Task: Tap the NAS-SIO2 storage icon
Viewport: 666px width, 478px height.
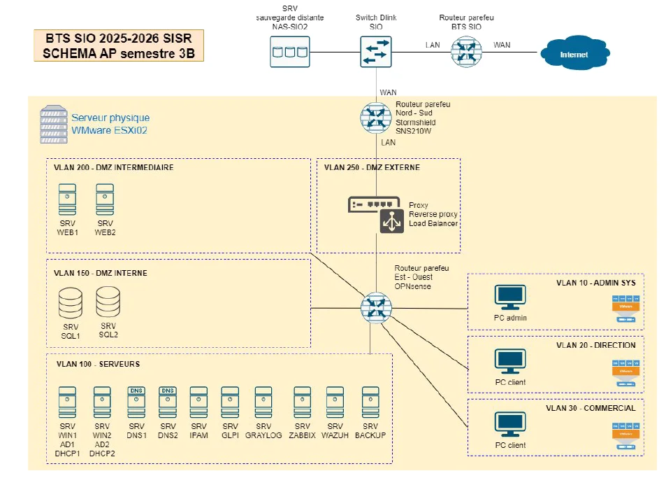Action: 290,52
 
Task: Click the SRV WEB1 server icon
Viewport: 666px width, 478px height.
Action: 67,199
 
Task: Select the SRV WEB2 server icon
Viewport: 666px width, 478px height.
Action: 105,199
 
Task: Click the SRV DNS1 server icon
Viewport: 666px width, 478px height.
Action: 136,402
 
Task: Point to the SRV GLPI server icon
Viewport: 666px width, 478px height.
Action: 231,402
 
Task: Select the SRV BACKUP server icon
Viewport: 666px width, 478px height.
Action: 370,402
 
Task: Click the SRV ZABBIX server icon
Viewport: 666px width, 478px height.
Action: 303,402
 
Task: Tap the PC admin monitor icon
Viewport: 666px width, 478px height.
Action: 510,297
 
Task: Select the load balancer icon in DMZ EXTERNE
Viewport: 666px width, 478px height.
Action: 392,221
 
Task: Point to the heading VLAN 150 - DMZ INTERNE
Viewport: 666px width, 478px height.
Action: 101,273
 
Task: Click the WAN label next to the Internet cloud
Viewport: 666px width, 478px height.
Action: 502,45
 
